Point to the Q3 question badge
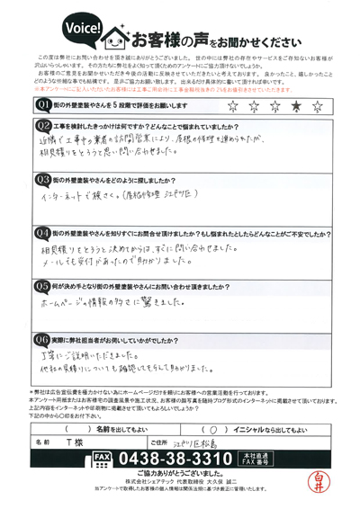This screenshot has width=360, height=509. click(x=42, y=180)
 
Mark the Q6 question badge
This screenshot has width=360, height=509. click(x=42, y=340)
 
